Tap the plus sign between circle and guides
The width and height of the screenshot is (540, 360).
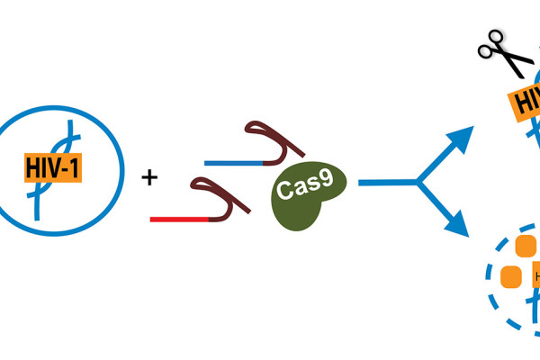[149, 177]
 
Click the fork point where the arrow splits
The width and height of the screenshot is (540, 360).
[416, 183]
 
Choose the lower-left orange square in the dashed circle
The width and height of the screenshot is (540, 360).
[510, 275]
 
